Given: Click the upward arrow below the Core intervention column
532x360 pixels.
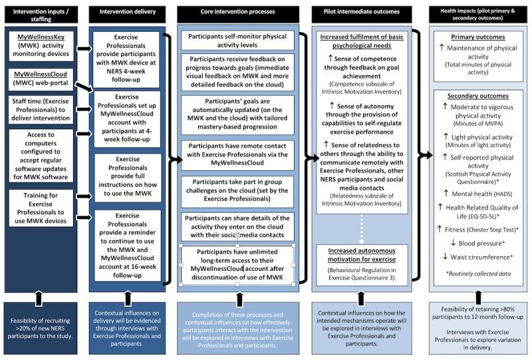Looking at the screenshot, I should [237, 293].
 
